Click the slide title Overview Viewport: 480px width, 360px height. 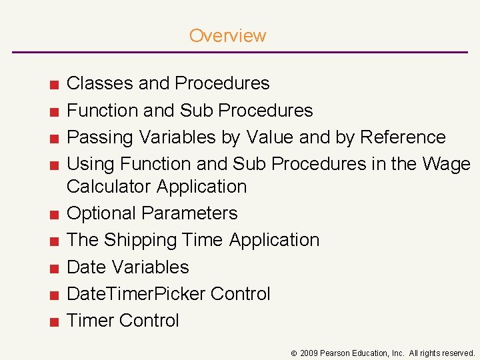[x=227, y=35]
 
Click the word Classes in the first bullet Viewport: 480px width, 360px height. [x=100, y=83]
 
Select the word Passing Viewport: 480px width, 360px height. [x=101, y=137]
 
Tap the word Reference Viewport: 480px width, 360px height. [x=403, y=137]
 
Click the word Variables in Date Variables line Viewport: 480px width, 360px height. [x=151, y=267]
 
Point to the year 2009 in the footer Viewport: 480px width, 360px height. [x=310, y=353]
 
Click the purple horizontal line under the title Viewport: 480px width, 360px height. [x=240, y=52]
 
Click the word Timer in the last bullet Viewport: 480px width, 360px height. [x=92, y=321]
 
